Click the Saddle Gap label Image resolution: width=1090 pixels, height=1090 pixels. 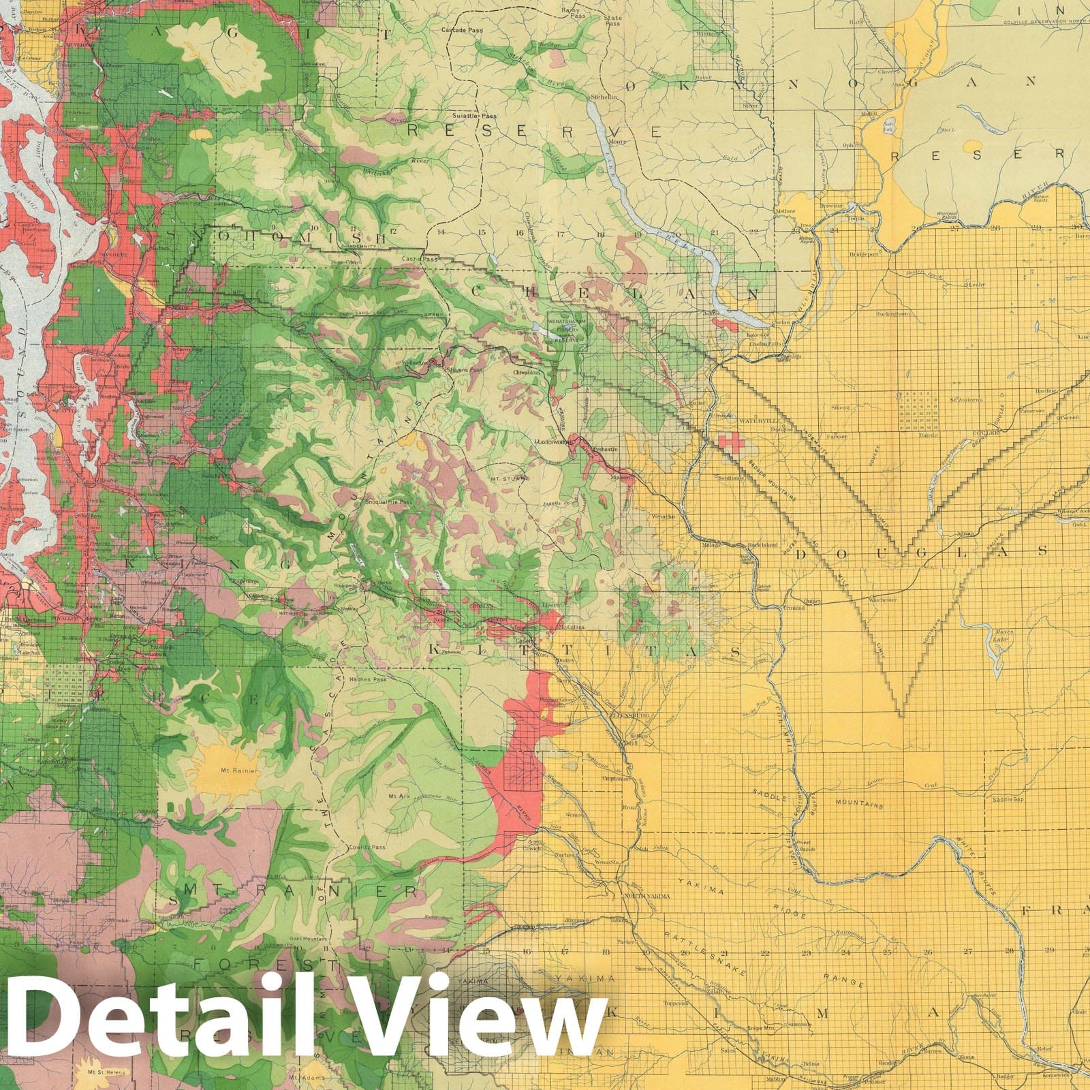(1008, 799)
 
